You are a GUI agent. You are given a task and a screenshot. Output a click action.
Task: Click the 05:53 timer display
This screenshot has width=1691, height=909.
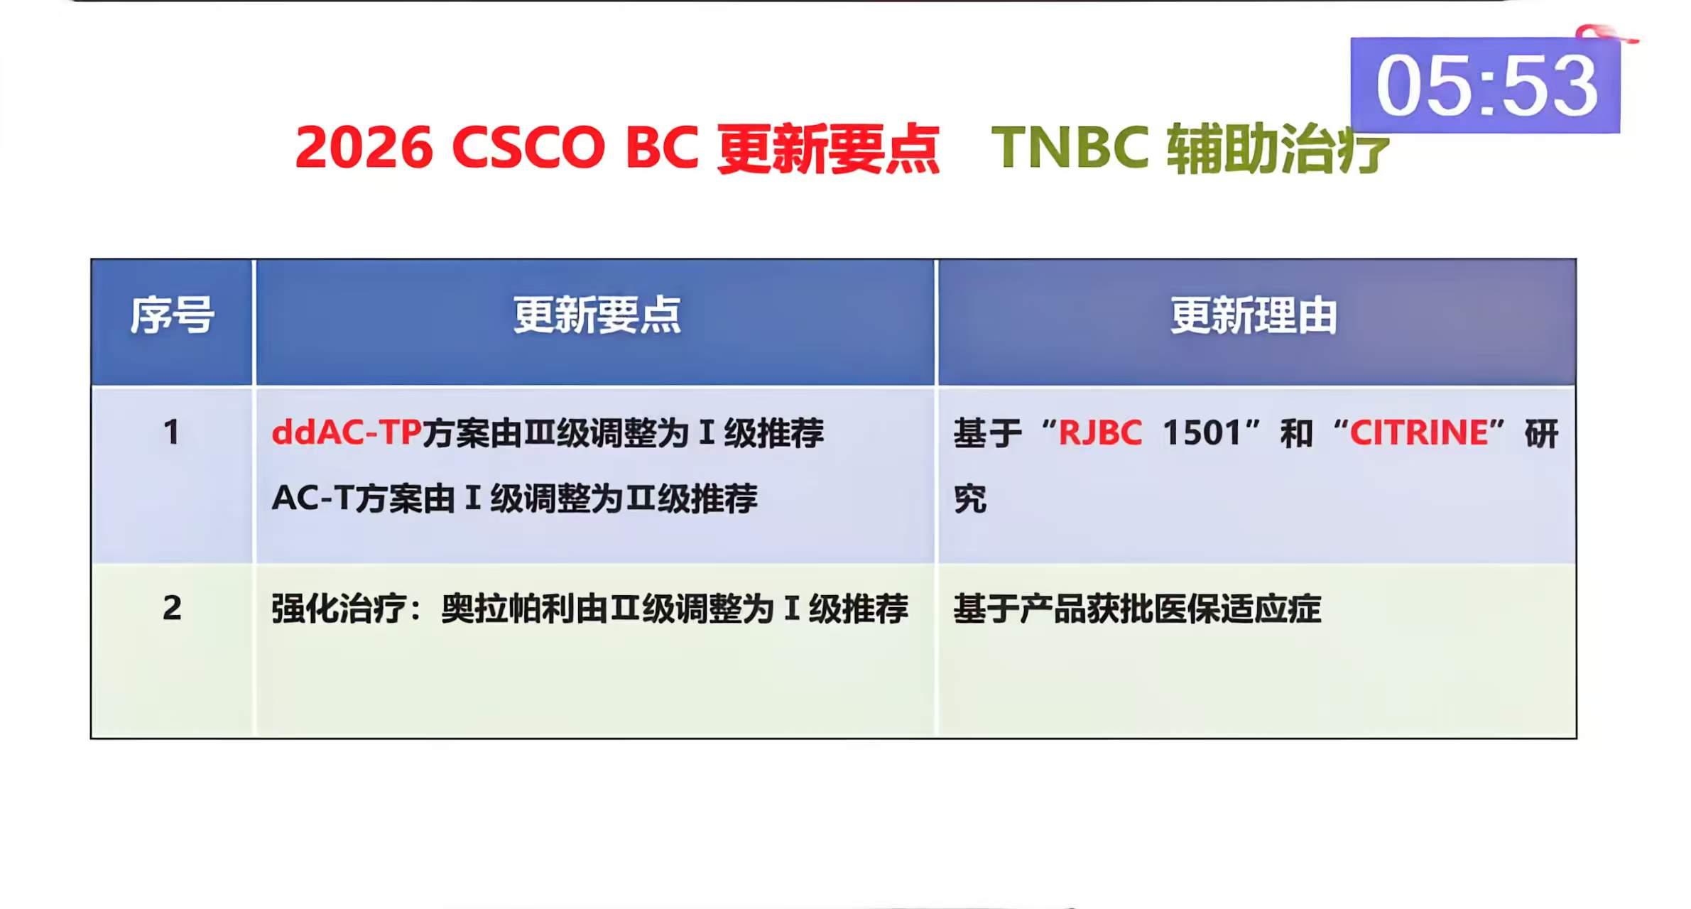(1485, 86)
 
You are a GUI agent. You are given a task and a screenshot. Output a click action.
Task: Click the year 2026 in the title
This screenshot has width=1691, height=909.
(364, 147)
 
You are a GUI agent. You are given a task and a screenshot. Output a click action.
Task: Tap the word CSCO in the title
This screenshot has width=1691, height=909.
(528, 147)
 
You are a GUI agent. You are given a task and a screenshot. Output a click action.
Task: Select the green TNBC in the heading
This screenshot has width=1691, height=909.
(1070, 147)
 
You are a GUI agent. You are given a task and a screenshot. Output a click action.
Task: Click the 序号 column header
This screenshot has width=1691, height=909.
(172, 315)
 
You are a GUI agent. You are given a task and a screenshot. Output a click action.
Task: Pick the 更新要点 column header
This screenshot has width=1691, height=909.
(597, 315)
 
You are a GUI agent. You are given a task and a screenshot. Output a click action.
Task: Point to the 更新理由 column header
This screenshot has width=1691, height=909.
(1254, 315)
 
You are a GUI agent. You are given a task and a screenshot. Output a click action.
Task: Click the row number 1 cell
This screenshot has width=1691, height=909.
(172, 432)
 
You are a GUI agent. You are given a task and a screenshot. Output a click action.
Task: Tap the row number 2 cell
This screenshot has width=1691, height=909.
(172, 608)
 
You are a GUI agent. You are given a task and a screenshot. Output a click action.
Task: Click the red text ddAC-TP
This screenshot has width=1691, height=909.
(347, 432)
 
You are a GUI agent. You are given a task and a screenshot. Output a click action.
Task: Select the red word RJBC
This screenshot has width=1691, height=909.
(1100, 432)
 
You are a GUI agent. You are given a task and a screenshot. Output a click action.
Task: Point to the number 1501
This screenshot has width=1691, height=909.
(1202, 432)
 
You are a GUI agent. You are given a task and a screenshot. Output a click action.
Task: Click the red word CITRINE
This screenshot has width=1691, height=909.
(1418, 432)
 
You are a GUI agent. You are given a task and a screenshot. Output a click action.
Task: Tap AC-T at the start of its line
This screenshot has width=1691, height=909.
(312, 498)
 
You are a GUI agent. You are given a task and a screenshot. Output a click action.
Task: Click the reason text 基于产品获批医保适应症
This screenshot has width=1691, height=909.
(1137, 609)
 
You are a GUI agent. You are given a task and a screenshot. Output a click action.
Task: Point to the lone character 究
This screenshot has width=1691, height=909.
(969, 498)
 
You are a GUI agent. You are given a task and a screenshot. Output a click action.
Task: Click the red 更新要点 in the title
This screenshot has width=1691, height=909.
(828, 148)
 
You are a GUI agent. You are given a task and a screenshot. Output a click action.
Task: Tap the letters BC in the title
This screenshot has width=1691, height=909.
(661, 147)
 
